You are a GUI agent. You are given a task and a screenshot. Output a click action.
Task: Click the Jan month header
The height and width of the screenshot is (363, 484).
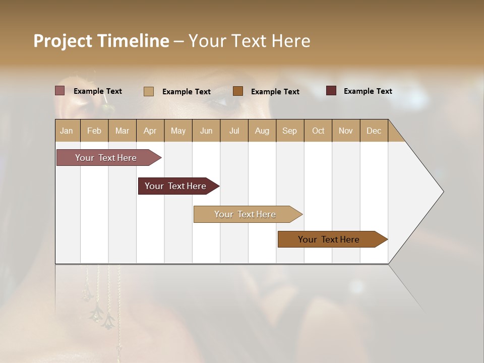67,131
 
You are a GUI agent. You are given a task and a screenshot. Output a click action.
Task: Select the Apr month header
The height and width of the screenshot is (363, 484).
150,131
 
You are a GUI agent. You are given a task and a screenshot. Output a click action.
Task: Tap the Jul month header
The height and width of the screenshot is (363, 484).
234,131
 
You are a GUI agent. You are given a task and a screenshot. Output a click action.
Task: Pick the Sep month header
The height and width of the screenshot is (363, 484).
290,131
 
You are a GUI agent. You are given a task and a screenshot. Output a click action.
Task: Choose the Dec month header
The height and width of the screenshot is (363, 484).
374,131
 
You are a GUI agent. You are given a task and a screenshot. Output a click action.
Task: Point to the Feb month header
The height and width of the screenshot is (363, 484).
94,131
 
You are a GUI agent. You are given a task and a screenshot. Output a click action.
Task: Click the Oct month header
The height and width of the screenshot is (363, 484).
318,131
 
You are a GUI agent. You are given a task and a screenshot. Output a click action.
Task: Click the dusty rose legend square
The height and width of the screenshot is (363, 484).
59,91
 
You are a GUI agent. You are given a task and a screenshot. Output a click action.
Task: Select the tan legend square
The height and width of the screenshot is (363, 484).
148,91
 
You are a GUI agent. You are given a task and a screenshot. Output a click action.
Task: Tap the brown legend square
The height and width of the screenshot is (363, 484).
238,91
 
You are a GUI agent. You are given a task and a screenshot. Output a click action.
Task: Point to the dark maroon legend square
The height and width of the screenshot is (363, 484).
331,91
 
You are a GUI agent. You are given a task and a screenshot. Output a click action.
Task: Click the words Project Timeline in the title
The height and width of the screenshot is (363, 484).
101,41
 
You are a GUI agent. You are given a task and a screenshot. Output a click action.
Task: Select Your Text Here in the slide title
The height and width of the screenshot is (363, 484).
249,41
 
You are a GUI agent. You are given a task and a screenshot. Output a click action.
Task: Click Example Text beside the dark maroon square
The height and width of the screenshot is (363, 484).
368,91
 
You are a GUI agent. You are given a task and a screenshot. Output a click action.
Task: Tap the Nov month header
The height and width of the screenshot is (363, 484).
346,131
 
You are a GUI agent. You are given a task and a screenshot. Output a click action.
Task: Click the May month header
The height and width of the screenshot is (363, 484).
178,131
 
